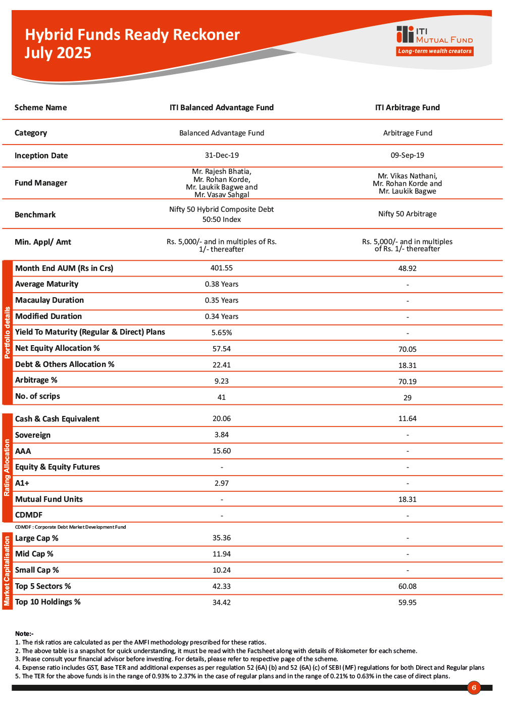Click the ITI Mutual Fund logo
pos(434,35)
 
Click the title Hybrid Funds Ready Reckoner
pos(132,34)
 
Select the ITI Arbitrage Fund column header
pos(408,108)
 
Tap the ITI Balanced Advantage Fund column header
pos(222,108)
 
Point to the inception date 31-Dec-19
pos(222,155)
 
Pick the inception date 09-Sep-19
pos(408,155)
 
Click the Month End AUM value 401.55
pos(222,268)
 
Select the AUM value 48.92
pos(408,268)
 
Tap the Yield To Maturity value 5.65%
pos(222,333)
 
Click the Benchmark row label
pos(35,215)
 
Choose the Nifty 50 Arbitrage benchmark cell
pos(408,214)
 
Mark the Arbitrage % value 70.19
pos(408,382)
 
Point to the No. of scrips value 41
pos(222,397)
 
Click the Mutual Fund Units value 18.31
pos(408,499)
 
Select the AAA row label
pos(23,451)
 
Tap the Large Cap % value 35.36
pos(222,538)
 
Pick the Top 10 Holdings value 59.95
pos(408,602)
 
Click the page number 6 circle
pos(474,687)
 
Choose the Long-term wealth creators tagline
pos(435,51)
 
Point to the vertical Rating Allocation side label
pos(7,468)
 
